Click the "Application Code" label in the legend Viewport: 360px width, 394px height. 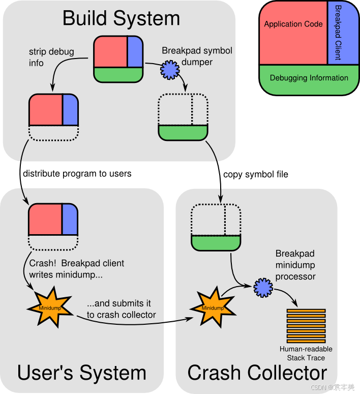[x=293, y=24]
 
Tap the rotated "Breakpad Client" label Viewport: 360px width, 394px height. [x=338, y=33]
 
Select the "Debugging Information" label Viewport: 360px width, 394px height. [x=309, y=78]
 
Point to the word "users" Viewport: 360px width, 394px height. [x=121, y=174]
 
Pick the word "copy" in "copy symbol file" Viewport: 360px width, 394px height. [x=233, y=175]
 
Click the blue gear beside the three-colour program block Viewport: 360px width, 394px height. [x=170, y=70]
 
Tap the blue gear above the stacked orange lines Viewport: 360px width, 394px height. [x=263, y=288]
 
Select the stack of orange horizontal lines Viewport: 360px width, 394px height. [x=306, y=326]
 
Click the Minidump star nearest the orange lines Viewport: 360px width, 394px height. [x=213, y=307]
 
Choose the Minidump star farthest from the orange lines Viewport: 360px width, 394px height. [x=50, y=307]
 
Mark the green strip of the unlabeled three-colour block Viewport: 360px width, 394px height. [x=118, y=75]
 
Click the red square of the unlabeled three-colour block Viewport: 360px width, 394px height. [x=110, y=51]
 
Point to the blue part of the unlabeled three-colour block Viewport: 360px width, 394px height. [x=135, y=51]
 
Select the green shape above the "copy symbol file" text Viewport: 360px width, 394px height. [x=183, y=132]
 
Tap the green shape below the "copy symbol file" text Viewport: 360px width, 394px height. [x=216, y=243]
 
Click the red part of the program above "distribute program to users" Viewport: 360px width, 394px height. [x=46, y=109]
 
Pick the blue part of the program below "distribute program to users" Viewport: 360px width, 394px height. [x=70, y=219]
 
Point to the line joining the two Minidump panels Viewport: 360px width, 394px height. [x=170, y=322]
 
